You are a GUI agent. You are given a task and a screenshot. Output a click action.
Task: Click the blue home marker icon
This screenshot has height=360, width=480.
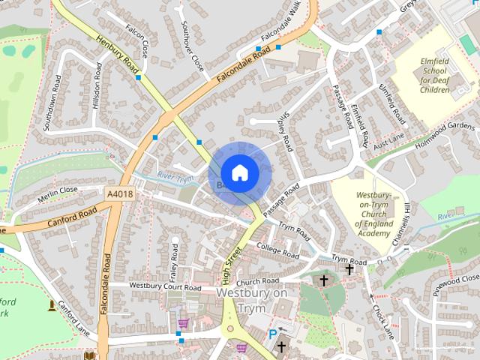point(239,172)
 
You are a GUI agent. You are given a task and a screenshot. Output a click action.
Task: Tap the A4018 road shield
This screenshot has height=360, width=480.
point(120,193)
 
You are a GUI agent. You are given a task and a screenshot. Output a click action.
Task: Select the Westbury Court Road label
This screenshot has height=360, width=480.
point(165,286)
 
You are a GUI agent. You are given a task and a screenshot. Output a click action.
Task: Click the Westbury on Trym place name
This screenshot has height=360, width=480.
point(251,300)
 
